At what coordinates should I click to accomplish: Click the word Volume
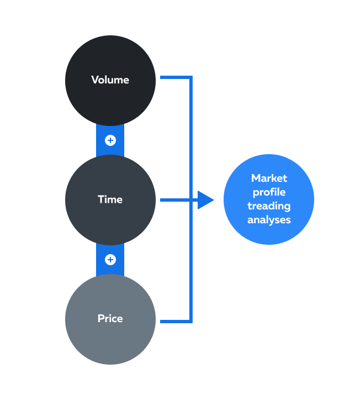[x=110, y=80]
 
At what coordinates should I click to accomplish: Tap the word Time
[x=110, y=199]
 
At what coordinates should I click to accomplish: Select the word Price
[x=110, y=318]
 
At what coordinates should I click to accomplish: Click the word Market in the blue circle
[x=269, y=178]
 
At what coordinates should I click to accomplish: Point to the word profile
[x=269, y=192]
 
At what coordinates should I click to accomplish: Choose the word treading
[x=269, y=206]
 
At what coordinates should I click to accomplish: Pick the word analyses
[x=269, y=220]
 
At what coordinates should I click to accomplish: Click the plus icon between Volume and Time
[x=110, y=140]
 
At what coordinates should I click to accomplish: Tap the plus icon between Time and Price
[x=110, y=260]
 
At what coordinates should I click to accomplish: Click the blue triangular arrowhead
[x=205, y=200]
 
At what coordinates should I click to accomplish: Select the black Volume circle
[x=110, y=81]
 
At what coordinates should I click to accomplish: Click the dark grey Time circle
[x=110, y=200]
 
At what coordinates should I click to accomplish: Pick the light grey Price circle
[x=110, y=319]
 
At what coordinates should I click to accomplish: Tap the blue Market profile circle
[x=269, y=199]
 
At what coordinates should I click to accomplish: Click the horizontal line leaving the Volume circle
[x=176, y=77]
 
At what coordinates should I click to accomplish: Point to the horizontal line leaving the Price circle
[x=176, y=322]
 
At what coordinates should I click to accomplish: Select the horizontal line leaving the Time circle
[x=179, y=200]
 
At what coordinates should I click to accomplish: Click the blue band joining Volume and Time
[x=110, y=140]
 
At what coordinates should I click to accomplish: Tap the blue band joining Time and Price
[x=110, y=260]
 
